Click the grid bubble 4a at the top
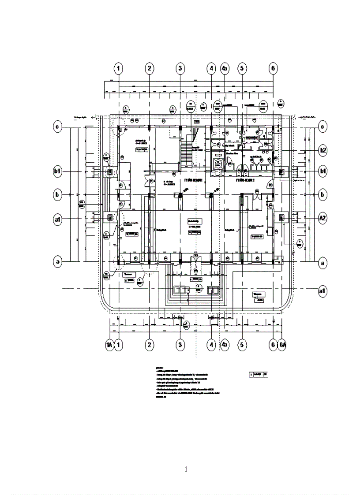point(225,68)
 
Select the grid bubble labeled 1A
point(109,344)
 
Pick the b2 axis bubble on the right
point(323,150)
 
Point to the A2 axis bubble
point(323,218)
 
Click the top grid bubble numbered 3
point(180,68)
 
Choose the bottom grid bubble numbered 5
point(242,344)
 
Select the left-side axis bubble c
point(57,127)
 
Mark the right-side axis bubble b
point(323,194)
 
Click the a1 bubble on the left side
point(57,218)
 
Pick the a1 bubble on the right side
point(323,290)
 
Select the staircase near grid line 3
point(187,148)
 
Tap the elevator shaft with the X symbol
point(218,163)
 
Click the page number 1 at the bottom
point(186,469)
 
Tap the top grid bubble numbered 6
point(273,68)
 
